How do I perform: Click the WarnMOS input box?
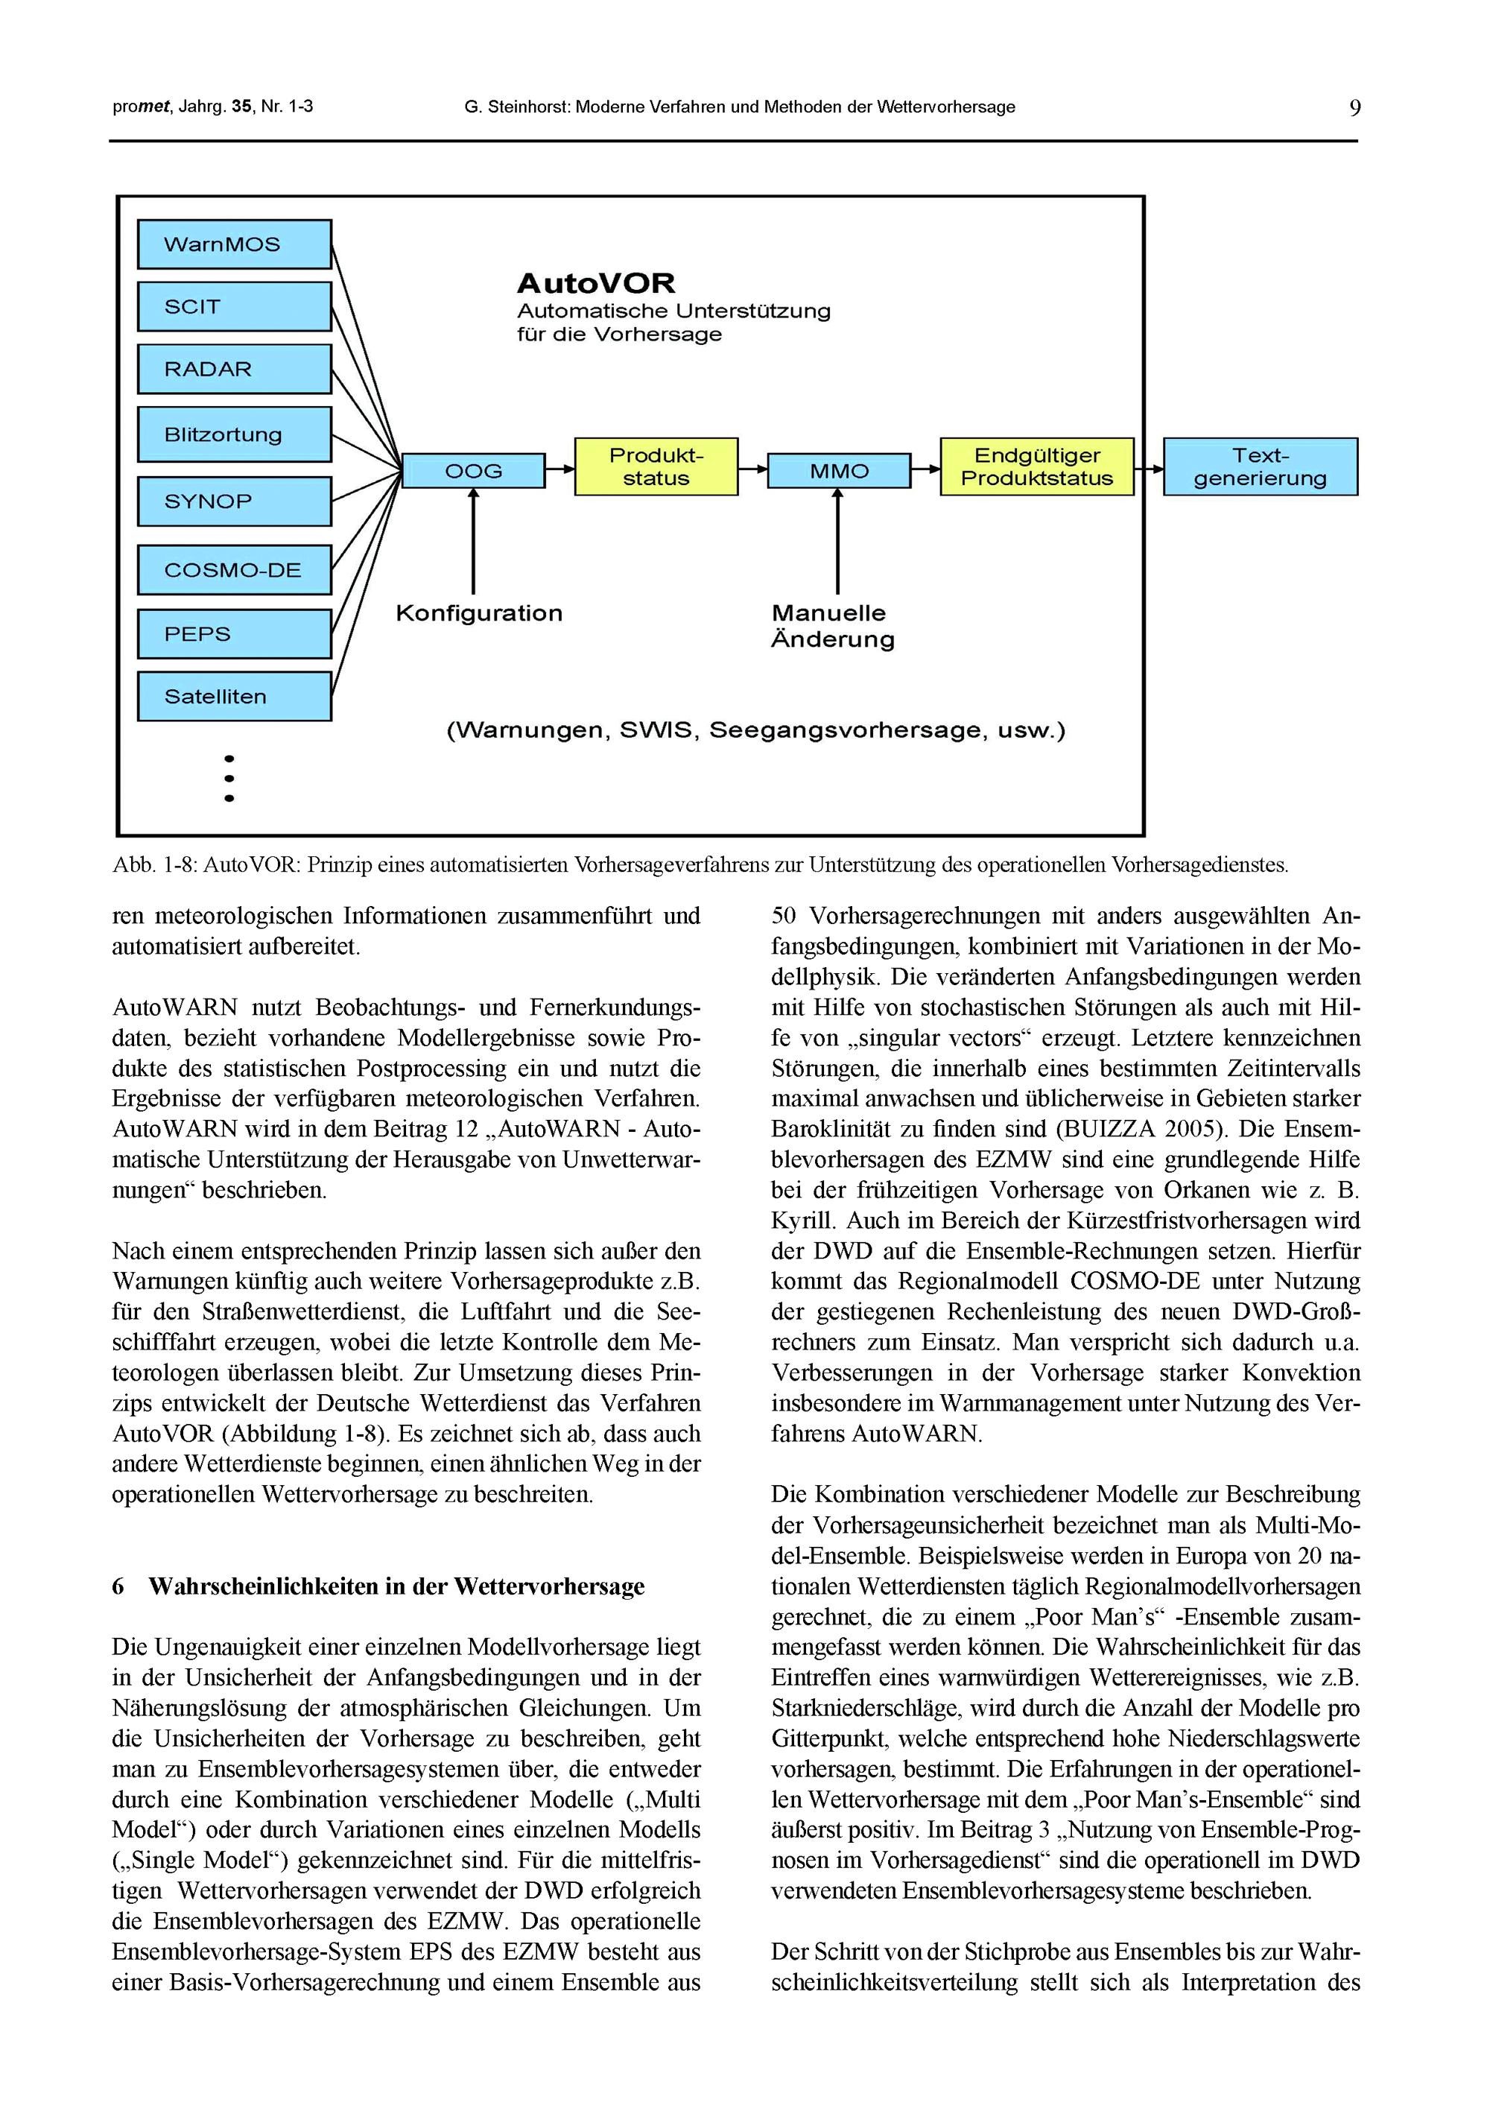234,244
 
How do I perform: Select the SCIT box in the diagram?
234,306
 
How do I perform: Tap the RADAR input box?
234,369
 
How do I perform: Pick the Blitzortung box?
234,434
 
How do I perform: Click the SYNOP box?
234,501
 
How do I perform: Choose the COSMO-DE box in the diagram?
234,570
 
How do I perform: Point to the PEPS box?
234,634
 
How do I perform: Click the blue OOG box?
473,471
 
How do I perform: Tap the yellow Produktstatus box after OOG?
656,467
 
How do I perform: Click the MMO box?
839,471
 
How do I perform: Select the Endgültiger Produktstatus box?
1037,467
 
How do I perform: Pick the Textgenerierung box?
1260,467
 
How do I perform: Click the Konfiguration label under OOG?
479,613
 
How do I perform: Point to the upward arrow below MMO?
837,542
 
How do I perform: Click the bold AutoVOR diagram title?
595,282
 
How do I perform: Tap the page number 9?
1354,108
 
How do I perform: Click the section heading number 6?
118,1586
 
